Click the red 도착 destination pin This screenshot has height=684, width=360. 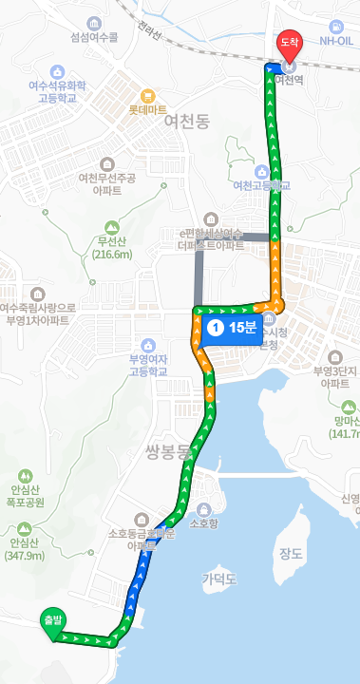[x=289, y=44]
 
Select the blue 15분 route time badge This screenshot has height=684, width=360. [x=231, y=329]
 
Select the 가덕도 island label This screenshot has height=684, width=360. [x=218, y=578]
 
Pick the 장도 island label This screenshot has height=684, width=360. [x=290, y=553]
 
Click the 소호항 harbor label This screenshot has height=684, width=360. [x=204, y=522]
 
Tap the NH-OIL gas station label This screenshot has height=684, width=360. [x=335, y=40]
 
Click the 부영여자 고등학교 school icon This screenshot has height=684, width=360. [x=147, y=345]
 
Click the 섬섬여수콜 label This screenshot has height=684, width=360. [x=93, y=38]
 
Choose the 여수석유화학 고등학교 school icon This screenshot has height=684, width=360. [x=57, y=71]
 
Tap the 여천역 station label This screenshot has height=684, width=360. [x=288, y=81]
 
